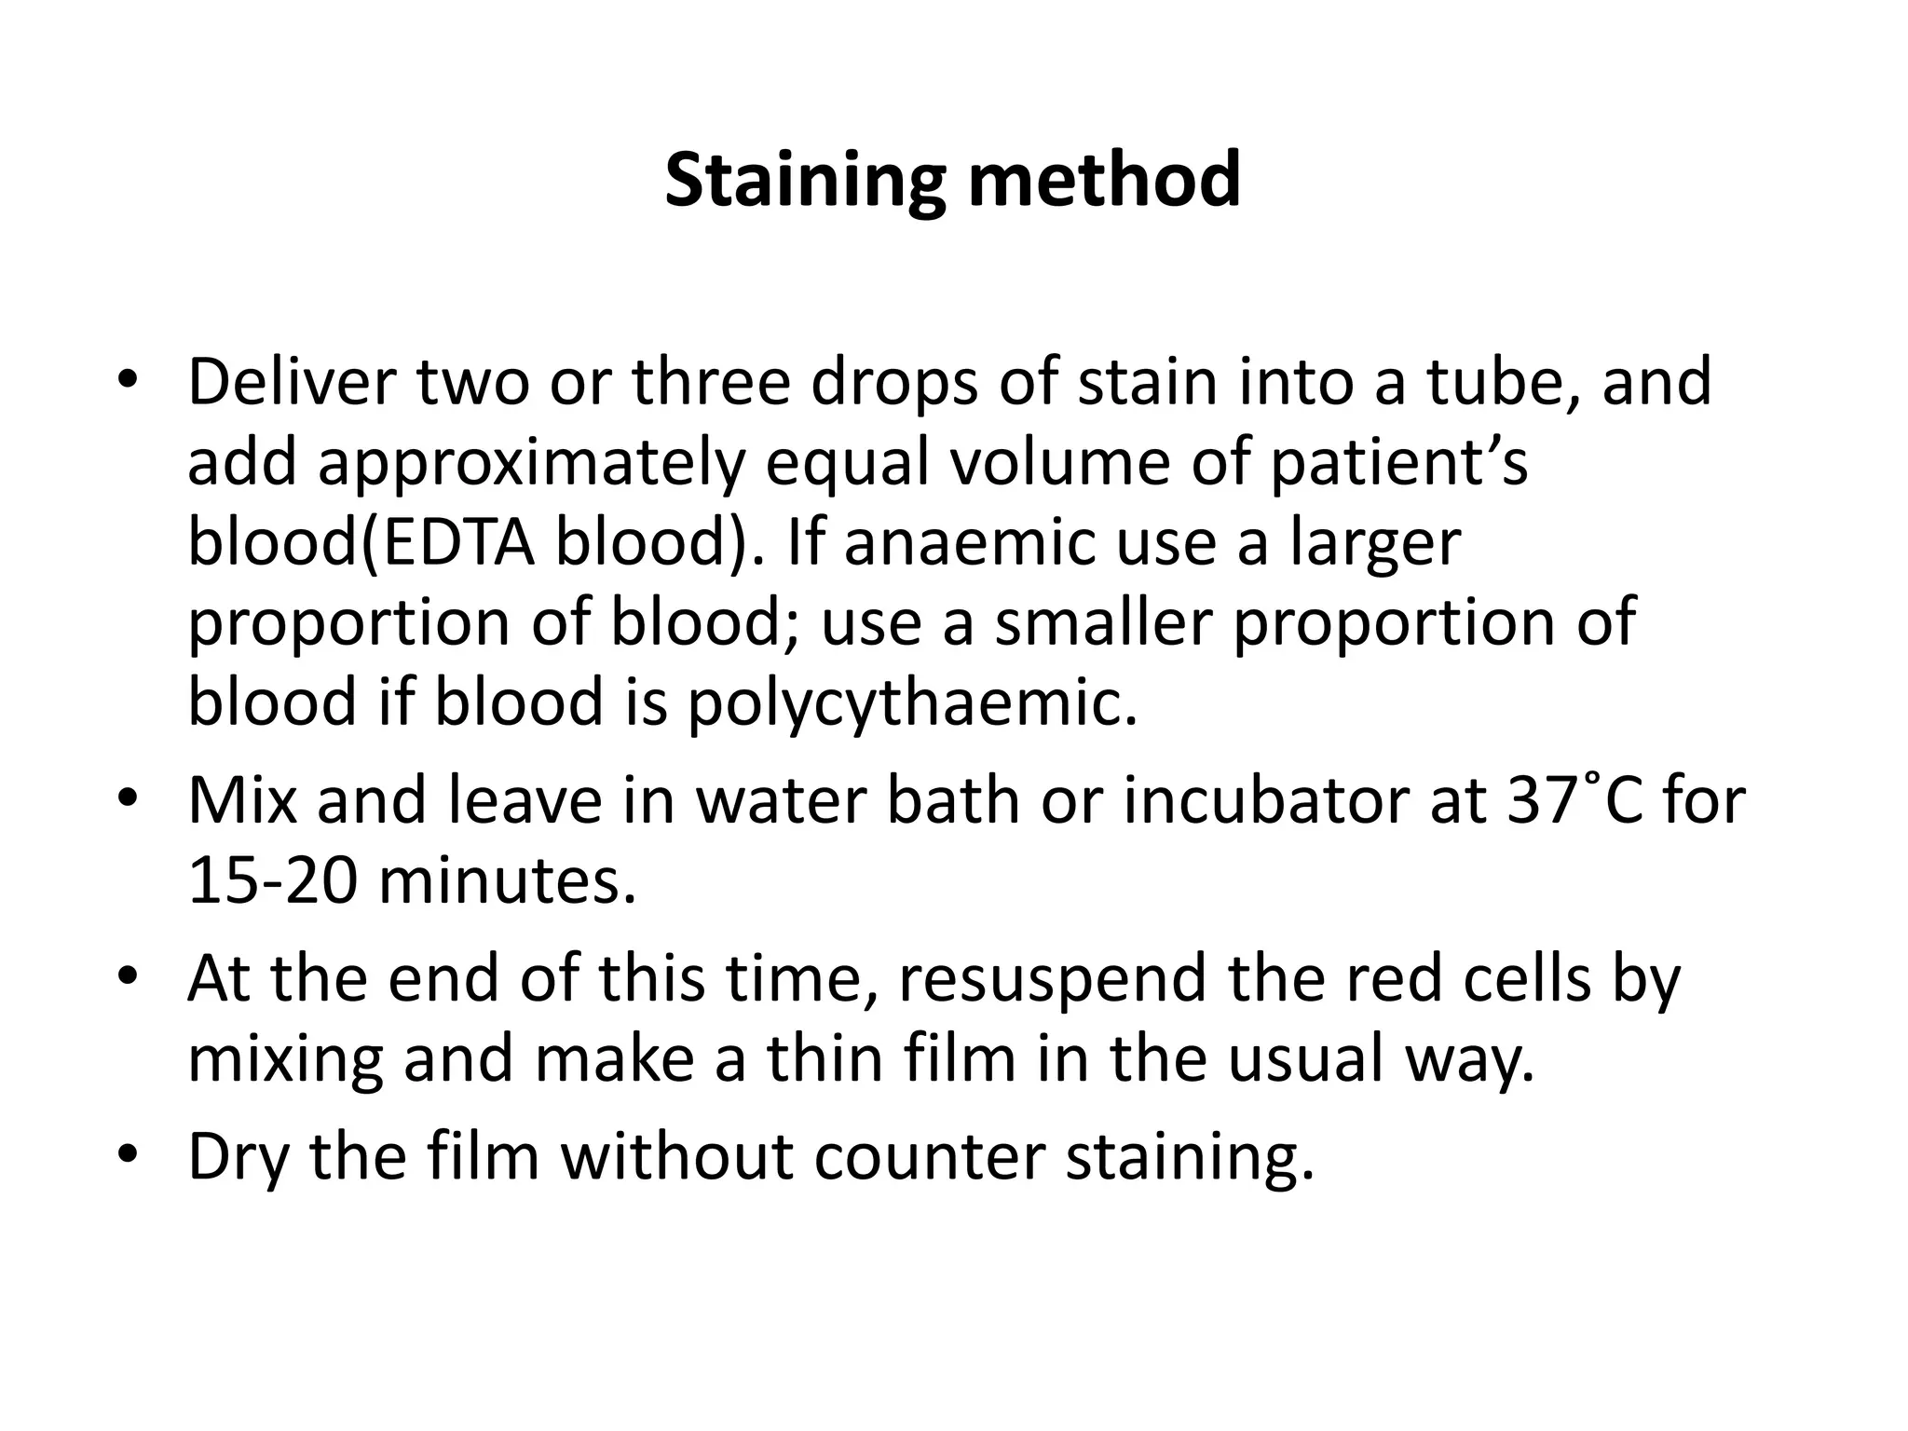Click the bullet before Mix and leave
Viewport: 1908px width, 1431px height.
click(129, 802)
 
